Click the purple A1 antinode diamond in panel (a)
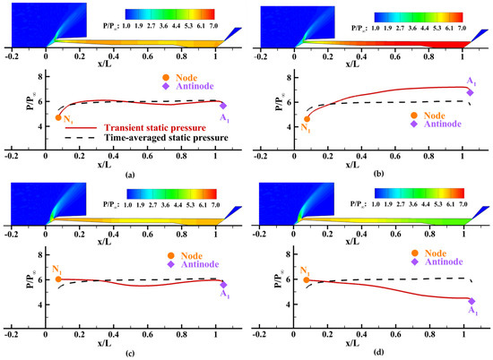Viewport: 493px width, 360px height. tap(223, 105)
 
